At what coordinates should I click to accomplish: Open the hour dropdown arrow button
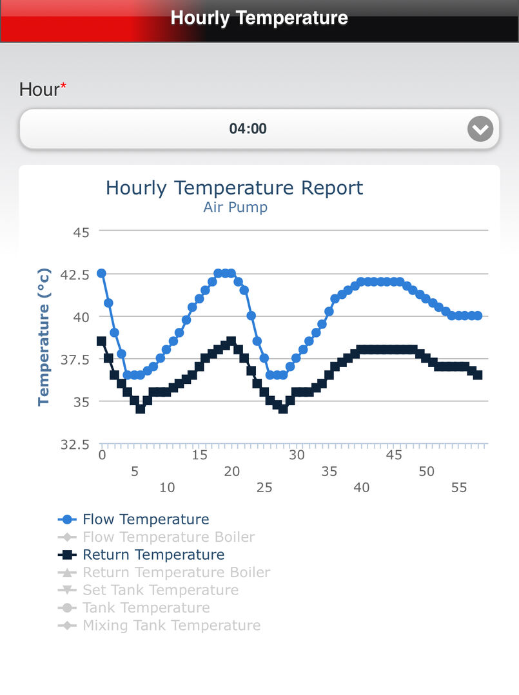click(480, 129)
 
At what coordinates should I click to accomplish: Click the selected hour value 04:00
click(248, 129)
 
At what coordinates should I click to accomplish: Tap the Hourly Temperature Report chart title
click(234, 188)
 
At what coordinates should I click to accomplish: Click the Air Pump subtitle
click(235, 207)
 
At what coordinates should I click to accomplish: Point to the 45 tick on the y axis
click(81, 233)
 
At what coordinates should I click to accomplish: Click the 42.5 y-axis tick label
click(75, 275)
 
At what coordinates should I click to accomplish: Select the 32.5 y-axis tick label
click(75, 444)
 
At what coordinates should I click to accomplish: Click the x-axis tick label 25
click(264, 488)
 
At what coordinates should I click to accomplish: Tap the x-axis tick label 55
click(459, 488)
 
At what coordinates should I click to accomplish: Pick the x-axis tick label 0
click(102, 455)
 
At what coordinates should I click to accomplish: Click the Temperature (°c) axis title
click(43, 337)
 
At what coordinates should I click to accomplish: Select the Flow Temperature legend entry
click(133, 519)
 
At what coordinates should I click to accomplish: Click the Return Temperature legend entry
click(141, 555)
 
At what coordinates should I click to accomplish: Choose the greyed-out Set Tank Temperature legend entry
click(148, 590)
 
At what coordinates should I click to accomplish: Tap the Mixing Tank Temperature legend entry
click(159, 625)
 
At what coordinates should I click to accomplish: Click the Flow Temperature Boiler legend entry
click(156, 537)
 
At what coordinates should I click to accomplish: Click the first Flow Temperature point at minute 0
click(102, 273)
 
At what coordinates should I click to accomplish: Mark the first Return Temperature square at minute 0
click(102, 341)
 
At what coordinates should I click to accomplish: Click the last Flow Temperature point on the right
click(478, 316)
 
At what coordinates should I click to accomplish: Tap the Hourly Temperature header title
click(259, 18)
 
